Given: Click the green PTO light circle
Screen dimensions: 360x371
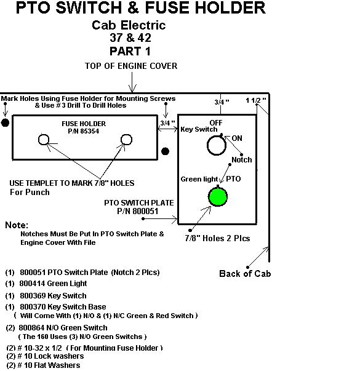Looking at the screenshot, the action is point(218,197).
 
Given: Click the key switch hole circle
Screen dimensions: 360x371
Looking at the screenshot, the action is point(207,146).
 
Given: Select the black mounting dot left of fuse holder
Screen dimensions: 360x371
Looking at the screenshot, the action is point(5,122).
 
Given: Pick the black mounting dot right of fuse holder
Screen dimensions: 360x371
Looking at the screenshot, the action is point(165,151).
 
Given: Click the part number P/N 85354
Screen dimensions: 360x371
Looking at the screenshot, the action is point(83,131).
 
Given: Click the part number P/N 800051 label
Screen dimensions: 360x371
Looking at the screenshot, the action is point(138,211).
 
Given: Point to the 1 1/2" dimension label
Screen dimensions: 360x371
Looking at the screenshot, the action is point(256,100).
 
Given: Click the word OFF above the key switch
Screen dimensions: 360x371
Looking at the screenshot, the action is point(216,123).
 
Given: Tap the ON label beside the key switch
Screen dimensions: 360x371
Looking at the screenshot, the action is point(237,138).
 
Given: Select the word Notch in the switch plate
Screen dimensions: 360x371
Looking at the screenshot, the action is point(242,160).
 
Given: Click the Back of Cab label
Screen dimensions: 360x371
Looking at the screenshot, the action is point(245,274).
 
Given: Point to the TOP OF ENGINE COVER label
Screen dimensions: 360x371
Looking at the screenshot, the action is point(131,66).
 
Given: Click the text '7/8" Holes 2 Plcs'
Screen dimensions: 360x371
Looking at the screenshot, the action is point(217,238).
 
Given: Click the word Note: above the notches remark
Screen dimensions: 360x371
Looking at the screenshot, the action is point(17,225).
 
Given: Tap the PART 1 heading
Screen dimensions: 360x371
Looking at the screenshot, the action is point(130,51).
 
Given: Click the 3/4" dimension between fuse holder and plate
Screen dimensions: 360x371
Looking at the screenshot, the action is point(167,123).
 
